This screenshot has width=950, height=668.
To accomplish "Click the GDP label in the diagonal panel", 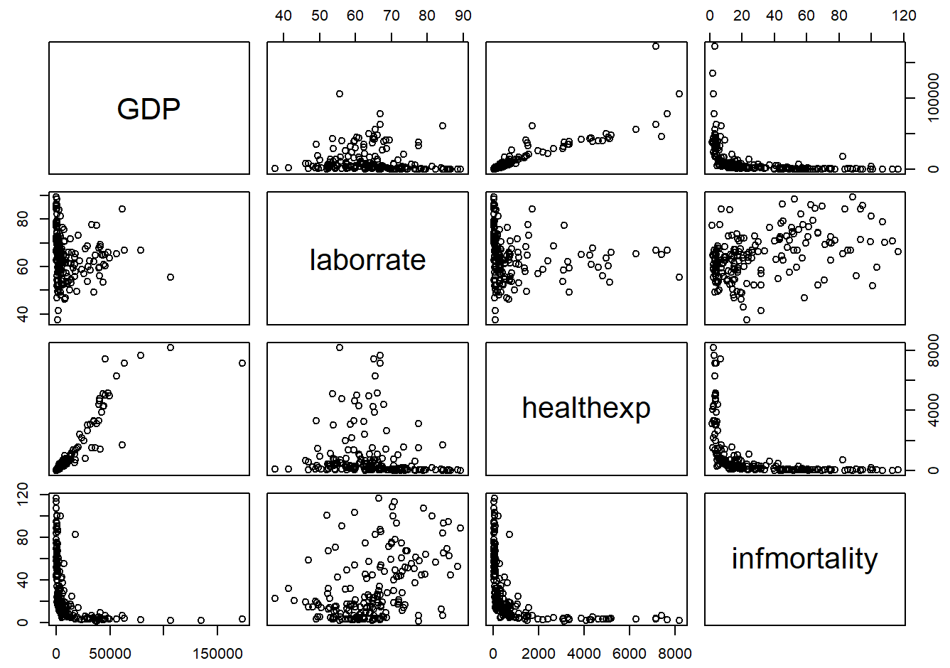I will (x=149, y=109).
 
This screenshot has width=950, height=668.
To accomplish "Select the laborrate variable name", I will (x=367, y=260).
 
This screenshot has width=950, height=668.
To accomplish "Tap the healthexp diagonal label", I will (x=586, y=408).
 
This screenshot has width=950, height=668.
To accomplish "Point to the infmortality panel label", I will (x=804, y=559).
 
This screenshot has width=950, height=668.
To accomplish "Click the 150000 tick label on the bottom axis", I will (x=217, y=654).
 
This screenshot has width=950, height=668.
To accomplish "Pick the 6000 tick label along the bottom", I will (x=630, y=654).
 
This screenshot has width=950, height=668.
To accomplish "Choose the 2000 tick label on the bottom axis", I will (x=539, y=654).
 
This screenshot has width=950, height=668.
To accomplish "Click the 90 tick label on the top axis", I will (x=463, y=16).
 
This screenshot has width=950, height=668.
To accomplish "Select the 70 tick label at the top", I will (x=391, y=16).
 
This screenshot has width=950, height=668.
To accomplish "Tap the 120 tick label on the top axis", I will (x=904, y=16).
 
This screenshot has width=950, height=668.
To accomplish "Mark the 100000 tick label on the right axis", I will (x=934, y=98).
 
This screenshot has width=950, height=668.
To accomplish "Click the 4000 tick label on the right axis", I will (x=934, y=410).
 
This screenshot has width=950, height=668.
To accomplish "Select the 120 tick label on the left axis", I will (x=23, y=492).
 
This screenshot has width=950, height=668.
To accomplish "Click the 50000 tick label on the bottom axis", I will (x=110, y=654).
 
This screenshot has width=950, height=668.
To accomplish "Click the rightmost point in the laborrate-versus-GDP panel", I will (x=171, y=277).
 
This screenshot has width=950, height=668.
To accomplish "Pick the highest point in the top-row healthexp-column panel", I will (x=656, y=46).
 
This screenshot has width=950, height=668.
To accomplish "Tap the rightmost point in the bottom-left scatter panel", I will (x=242, y=619).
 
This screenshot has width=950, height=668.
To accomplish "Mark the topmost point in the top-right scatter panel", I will (x=715, y=46).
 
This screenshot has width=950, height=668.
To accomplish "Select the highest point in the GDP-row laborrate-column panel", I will (x=340, y=94).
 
